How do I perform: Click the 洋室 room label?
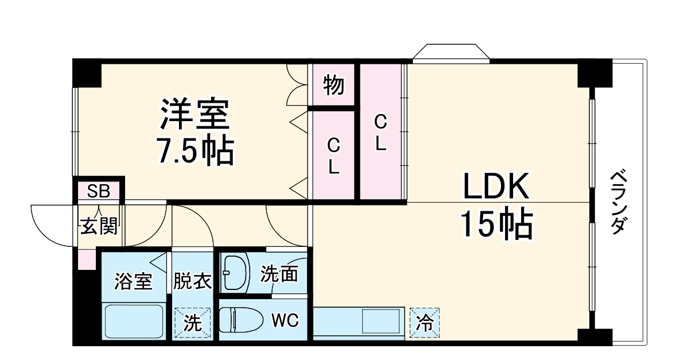(x=195, y=115)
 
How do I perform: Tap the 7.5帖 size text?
(x=195, y=150)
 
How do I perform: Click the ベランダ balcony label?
(x=617, y=202)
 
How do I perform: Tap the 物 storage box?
(x=333, y=85)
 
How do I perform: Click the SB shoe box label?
(x=98, y=190)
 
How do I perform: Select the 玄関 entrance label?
(x=98, y=226)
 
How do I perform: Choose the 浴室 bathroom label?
(x=133, y=281)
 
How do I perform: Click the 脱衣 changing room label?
(x=193, y=281)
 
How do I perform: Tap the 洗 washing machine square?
(x=192, y=323)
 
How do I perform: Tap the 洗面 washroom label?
(x=279, y=274)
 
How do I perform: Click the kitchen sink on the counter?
(x=380, y=321)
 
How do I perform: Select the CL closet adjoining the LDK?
(x=380, y=132)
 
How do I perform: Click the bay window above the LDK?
(x=450, y=52)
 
